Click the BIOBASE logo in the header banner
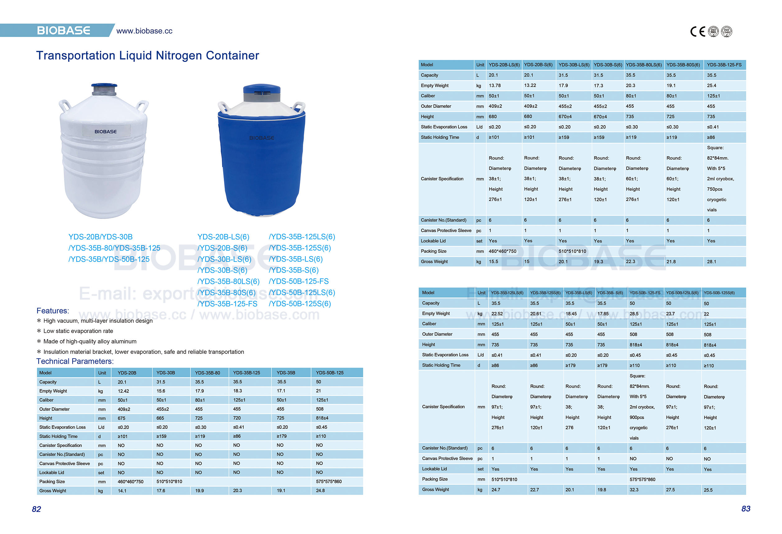pyautogui.click(x=63, y=31)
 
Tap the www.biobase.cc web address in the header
pyautogui.click(x=144, y=31)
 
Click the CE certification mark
pyautogui.click(x=697, y=32)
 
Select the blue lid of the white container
pyautogui.click(x=104, y=85)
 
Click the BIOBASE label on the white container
pyautogui.click(x=106, y=131)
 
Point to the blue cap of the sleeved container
pyautogui.click(x=261, y=89)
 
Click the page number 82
pyautogui.click(x=36, y=509)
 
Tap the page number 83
pyautogui.click(x=746, y=509)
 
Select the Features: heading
pyautogui.click(x=53, y=311)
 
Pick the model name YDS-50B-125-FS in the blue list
pyautogui.click(x=299, y=281)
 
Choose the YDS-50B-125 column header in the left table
pyautogui.click(x=330, y=372)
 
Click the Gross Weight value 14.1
pyautogui.click(x=122, y=491)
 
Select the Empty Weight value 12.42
pyautogui.click(x=123, y=391)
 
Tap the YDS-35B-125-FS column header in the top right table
pyautogui.click(x=724, y=65)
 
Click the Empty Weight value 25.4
pyautogui.click(x=711, y=85)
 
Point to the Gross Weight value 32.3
pyautogui.click(x=634, y=490)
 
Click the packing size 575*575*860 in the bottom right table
pyautogui.click(x=642, y=479)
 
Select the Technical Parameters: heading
pyautogui.click(x=75, y=361)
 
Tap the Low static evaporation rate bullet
pyautogui.click(x=78, y=331)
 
